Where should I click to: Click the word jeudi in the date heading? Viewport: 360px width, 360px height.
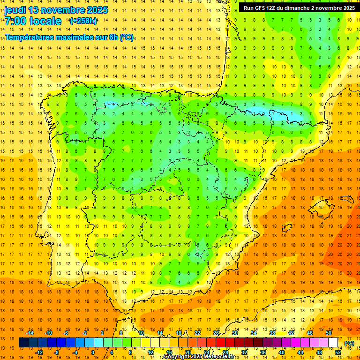click(15, 10)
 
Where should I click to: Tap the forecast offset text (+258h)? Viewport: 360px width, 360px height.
click(83, 21)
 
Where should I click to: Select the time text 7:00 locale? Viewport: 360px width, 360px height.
click(33, 21)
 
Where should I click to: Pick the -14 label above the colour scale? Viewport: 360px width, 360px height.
click(30, 333)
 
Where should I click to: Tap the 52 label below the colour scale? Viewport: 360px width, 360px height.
click(338, 352)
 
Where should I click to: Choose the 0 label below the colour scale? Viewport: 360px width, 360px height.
click(93, 352)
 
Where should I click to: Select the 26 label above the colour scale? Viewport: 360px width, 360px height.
click(216, 333)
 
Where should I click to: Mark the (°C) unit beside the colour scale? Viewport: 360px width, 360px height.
click(349, 343)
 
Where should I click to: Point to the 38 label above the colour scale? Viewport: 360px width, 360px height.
click(272, 333)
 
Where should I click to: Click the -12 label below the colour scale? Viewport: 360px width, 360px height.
click(39, 352)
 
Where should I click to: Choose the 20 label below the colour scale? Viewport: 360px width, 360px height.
click(187, 352)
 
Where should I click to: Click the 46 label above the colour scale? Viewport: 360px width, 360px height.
click(310, 333)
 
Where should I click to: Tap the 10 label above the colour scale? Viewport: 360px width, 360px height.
click(141, 333)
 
